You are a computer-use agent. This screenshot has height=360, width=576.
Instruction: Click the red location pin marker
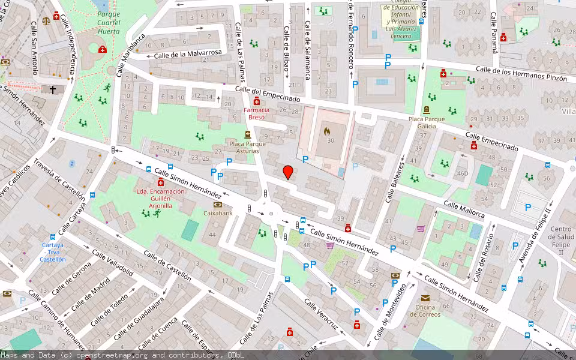[288, 172]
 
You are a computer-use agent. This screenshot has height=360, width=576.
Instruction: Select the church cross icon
[53, 89]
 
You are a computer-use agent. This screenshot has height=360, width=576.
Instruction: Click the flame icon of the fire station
[327, 130]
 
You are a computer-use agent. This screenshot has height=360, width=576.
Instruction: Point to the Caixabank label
[218, 213]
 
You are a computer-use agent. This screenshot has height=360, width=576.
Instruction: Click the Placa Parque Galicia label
[427, 122]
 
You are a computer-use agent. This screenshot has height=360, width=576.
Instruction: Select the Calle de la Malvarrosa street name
[188, 54]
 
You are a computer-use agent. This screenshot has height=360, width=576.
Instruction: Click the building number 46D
[462, 174]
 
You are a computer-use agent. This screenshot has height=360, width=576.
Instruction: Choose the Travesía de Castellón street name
[60, 179]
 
